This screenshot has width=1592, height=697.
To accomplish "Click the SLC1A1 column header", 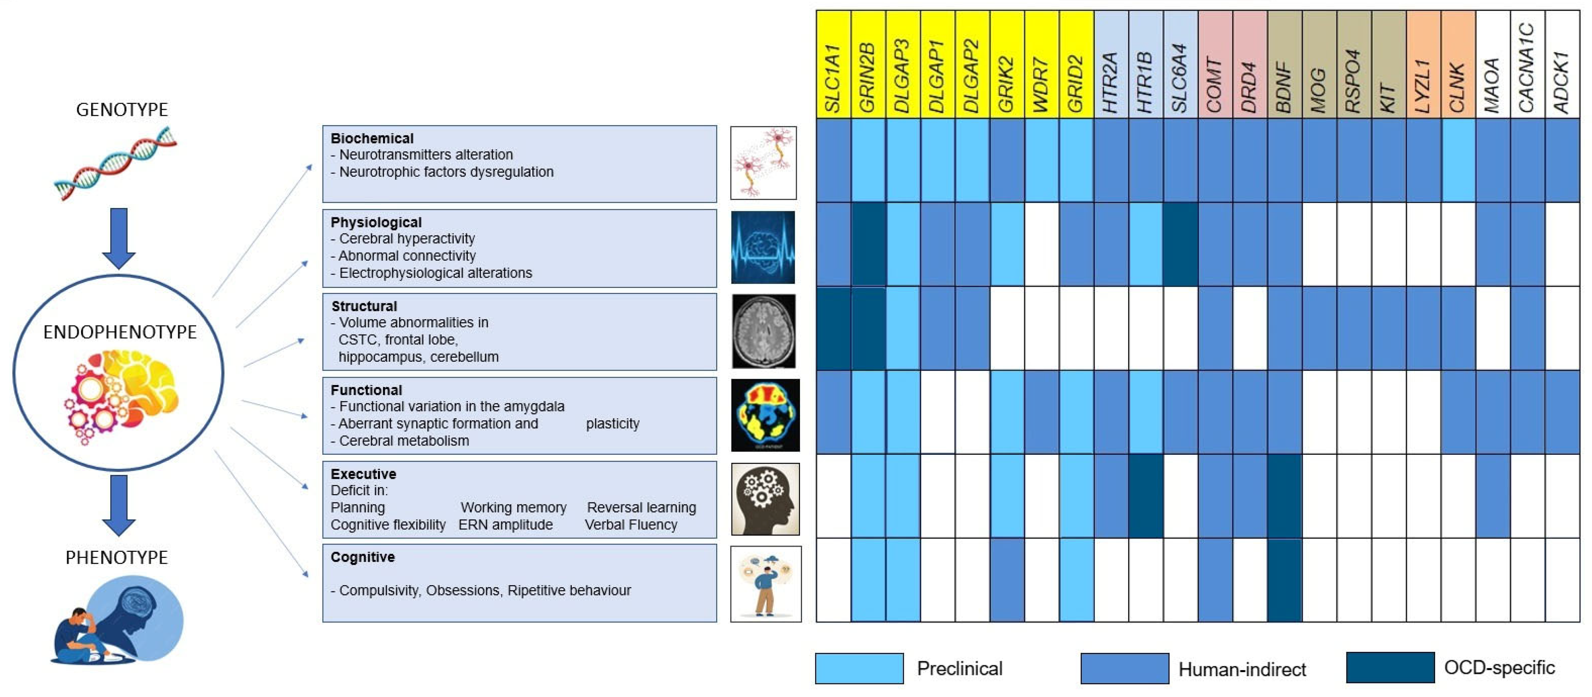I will pyautogui.click(x=833, y=64).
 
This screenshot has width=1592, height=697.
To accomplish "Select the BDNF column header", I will pyautogui.click(x=1284, y=64).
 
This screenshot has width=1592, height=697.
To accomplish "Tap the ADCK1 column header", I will pyautogui.click(x=1562, y=64).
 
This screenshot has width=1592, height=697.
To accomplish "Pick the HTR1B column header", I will pyautogui.click(x=1145, y=64).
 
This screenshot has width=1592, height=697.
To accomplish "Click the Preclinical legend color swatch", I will pyautogui.click(x=859, y=668).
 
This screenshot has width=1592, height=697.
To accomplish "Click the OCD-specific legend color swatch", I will pyautogui.click(x=1389, y=667).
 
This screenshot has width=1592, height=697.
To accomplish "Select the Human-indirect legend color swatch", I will pyautogui.click(x=1124, y=668).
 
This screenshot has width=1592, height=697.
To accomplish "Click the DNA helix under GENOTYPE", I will pyautogui.click(x=116, y=164).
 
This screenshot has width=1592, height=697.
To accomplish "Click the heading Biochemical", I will pyautogui.click(x=372, y=138).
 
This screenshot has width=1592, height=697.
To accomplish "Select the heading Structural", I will pyautogui.click(x=364, y=306).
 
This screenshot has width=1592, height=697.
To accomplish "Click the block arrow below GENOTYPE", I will pyautogui.click(x=119, y=238).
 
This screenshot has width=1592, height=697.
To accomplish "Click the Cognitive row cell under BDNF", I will pyautogui.click(x=1284, y=579).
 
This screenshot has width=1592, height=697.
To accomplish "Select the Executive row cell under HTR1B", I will pyautogui.click(x=1145, y=496).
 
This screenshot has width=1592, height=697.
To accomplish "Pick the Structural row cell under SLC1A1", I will pyautogui.click(x=833, y=328).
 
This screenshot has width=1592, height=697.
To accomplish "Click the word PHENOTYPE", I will pyautogui.click(x=117, y=557).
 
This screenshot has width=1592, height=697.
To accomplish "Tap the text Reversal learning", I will pyautogui.click(x=641, y=507).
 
